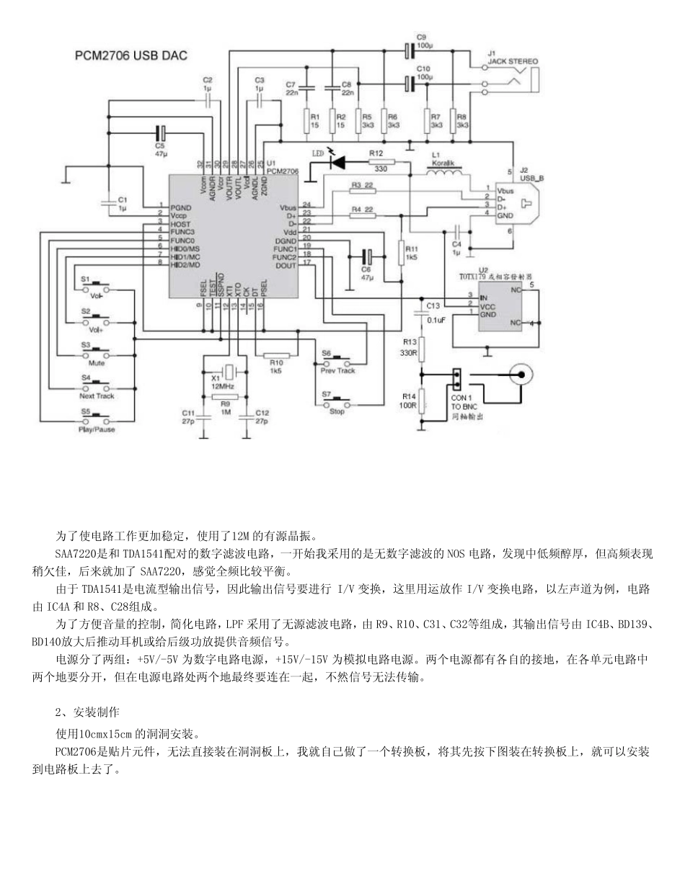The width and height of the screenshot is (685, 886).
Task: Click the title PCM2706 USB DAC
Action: pyautogui.click(x=133, y=55)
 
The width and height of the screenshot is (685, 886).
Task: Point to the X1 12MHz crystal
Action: pyautogui.click(x=226, y=372)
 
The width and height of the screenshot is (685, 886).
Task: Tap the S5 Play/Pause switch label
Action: pyautogui.click(x=97, y=429)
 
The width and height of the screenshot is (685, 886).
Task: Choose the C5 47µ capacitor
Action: pyautogui.click(x=160, y=134)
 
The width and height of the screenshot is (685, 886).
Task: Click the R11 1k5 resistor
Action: pyautogui.click(x=402, y=252)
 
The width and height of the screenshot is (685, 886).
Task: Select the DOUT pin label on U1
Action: pyautogui.click(x=286, y=265)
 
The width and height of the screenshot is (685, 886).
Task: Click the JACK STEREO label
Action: pyautogui.click(x=513, y=62)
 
